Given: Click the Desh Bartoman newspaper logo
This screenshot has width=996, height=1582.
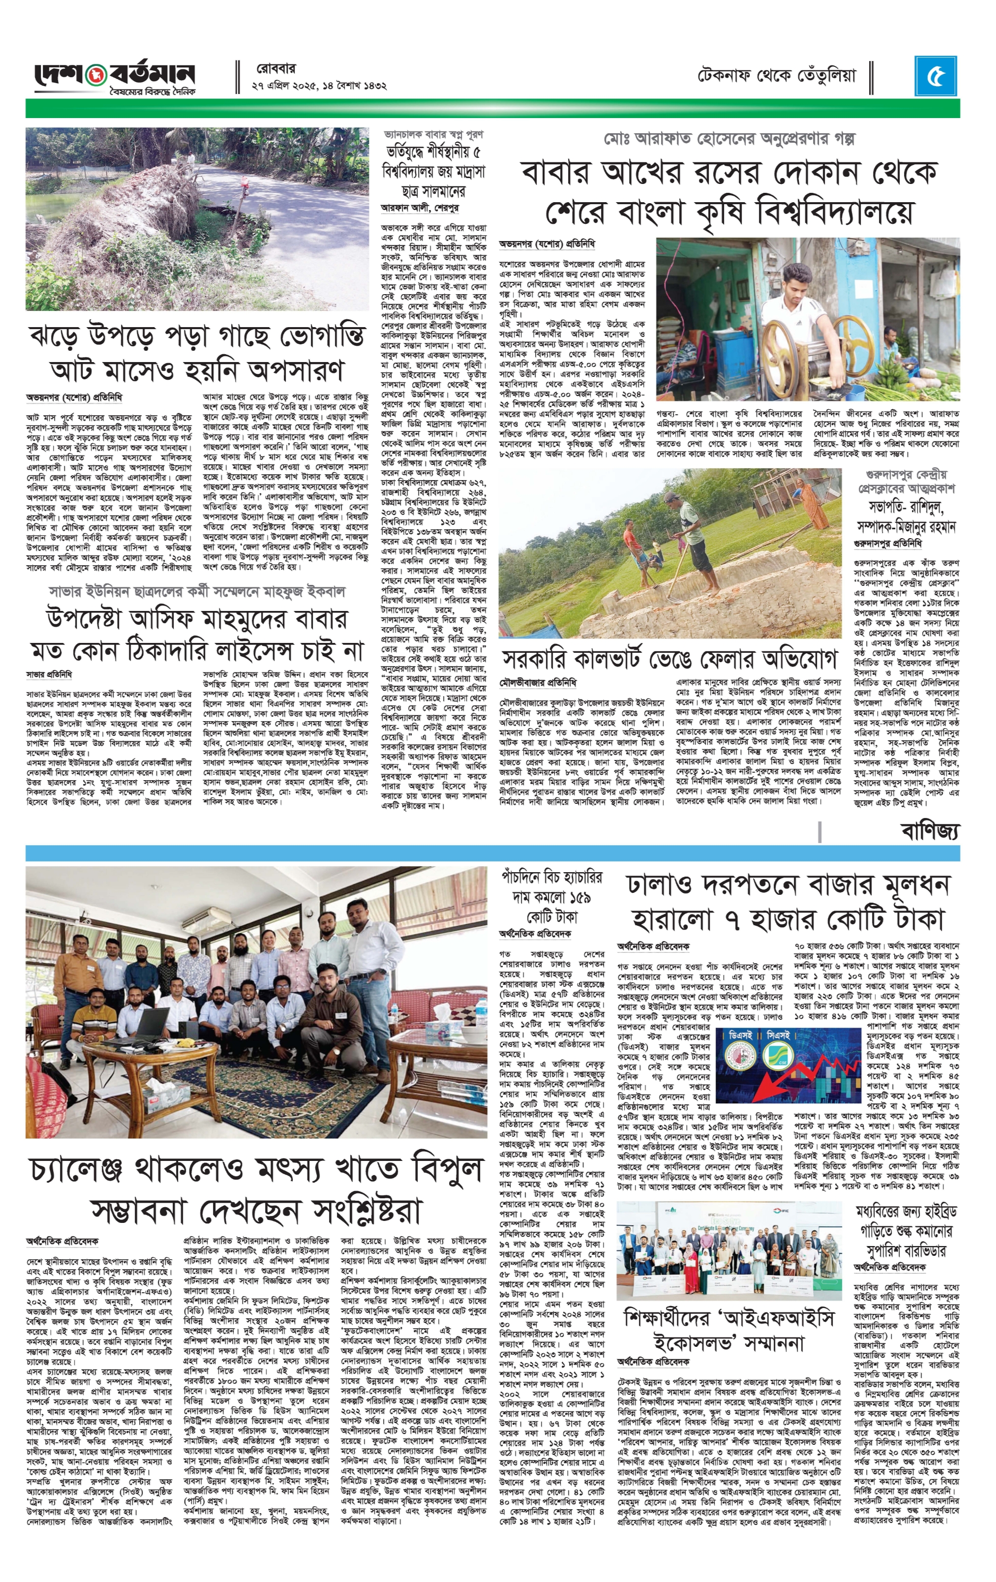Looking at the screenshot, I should tap(115, 78).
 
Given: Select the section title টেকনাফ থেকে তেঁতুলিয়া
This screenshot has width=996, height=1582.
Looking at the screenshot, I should tap(777, 76).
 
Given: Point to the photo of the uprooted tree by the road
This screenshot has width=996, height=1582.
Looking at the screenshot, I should tap(197, 219).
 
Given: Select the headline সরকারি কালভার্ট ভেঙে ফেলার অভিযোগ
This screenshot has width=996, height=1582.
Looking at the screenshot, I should tap(669, 659).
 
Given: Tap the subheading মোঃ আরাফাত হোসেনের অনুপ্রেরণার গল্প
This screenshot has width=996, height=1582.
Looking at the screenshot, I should tap(729, 139).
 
